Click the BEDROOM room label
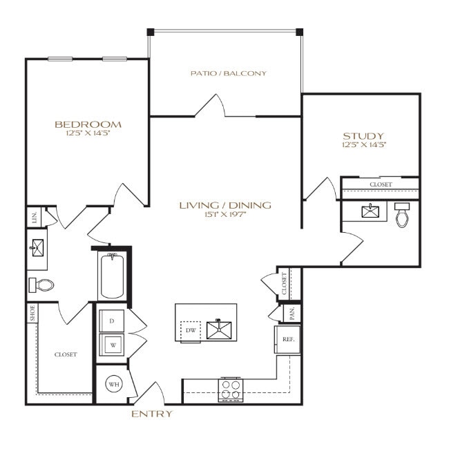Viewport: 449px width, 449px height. click(x=88, y=124)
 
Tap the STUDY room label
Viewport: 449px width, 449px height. click(x=363, y=135)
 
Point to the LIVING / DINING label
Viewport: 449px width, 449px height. click(x=225, y=205)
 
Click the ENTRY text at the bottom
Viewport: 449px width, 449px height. click(x=152, y=414)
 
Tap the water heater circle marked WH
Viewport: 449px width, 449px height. click(x=113, y=385)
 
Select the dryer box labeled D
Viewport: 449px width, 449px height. click(x=112, y=321)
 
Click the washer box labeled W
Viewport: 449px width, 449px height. click(x=112, y=343)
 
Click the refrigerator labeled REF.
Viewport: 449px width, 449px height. click(x=287, y=339)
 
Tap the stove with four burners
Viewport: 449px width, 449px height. click(x=231, y=390)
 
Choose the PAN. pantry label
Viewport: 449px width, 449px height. click(x=292, y=313)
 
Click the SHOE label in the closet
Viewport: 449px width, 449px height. click(x=32, y=314)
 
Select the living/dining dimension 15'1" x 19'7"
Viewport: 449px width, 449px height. click(x=225, y=214)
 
